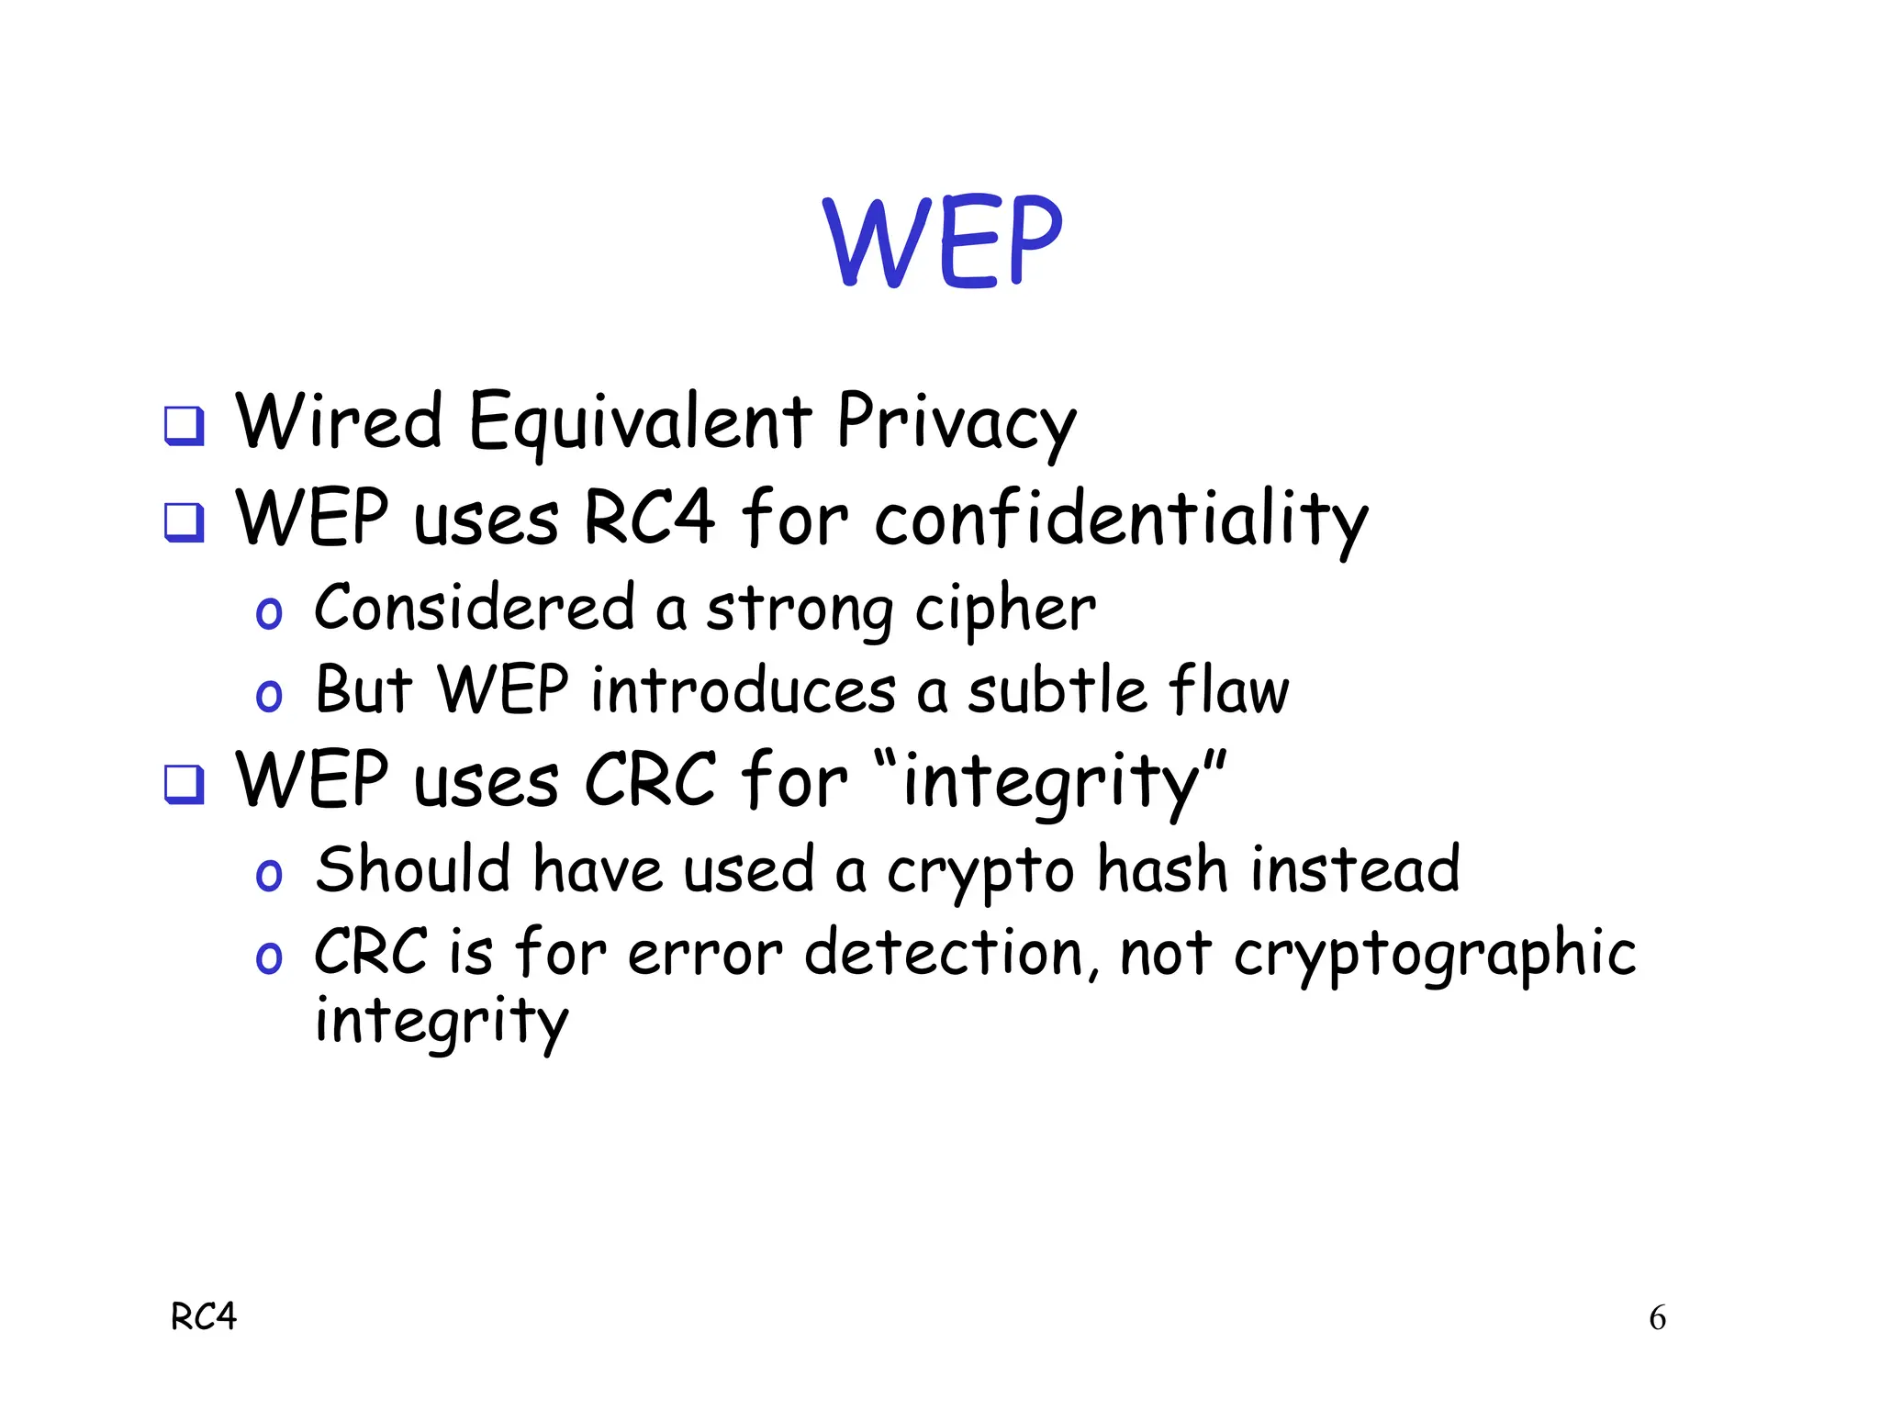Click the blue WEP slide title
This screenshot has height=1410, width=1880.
click(943, 241)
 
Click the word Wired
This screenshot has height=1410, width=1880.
click(339, 421)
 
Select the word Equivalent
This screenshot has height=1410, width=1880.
click(640, 421)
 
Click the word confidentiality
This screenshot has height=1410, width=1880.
click(1121, 520)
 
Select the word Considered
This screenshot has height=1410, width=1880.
click(474, 608)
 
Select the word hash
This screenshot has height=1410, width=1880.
click(1162, 869)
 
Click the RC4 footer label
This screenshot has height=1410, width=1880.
click(204, 1317)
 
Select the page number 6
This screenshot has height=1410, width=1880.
click(1657, 1318)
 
